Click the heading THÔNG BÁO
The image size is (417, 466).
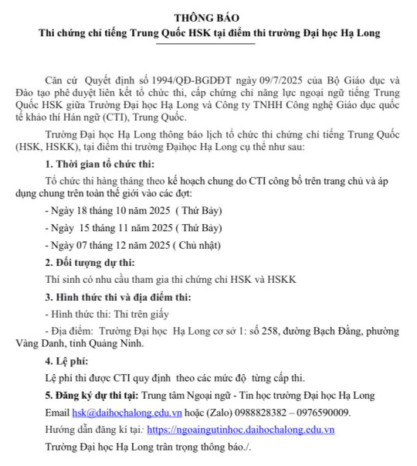[x=208, y=17]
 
